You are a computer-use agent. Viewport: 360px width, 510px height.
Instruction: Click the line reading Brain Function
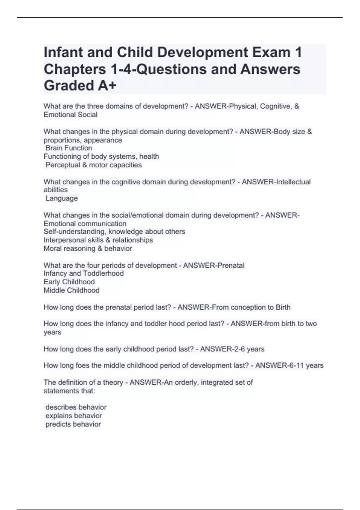69,148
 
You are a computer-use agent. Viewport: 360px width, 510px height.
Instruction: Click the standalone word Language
61,198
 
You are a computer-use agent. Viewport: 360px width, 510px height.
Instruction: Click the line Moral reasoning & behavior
88,248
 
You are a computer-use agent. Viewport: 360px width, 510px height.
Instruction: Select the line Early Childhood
69,282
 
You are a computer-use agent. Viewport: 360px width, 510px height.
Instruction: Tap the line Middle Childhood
71,290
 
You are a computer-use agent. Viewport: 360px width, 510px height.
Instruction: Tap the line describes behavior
76,407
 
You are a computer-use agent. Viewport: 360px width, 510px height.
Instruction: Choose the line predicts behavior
73,424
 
